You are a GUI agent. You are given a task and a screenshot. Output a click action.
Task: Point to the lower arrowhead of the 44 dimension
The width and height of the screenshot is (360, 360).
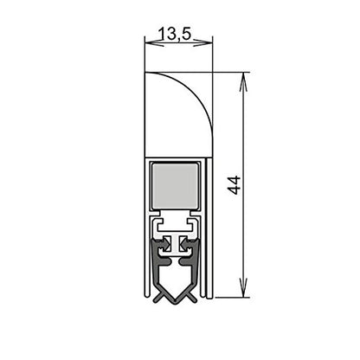coord(245,292)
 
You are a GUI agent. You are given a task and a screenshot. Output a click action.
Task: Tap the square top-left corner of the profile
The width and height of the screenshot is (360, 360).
coord(145,74)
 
